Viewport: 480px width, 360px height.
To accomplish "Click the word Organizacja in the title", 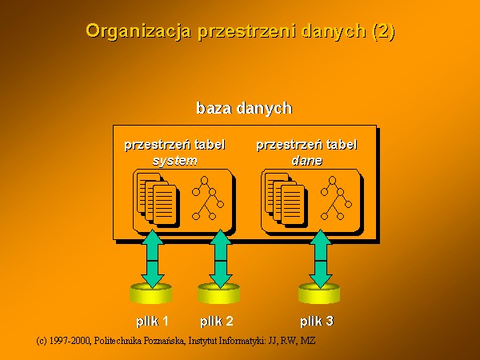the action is pyautogui.click(x=138, y=31).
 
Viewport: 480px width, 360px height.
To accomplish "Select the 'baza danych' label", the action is pyautogui.click(x=244, y=108).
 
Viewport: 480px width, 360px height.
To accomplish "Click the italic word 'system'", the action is pyautogui.click(x=174, y=161).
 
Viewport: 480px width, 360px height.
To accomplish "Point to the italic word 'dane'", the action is pyautogui.click(x=306, y=161).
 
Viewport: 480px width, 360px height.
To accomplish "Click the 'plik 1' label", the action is pyautogui.click(x=152, y=322).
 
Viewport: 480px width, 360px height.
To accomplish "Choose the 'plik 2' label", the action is pyautogui.click(x=217, y=322).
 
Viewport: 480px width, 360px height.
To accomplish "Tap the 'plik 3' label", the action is pyautogui.click(x=317, y=322).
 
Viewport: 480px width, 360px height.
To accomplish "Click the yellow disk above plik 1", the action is pyautogui.click(x=150, y=294).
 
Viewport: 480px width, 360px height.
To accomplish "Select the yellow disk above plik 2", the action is pyautogui.click(x=218, y=294).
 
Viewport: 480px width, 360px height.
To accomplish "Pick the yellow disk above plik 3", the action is pyautogui.click(x=319, y=294).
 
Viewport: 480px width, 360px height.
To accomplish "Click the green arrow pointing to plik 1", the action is pyautogui.click(x=152, y=259).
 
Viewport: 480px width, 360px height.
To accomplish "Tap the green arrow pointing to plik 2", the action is pyautogui.click(x=220, y=259).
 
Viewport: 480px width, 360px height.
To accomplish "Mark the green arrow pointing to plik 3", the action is pyautogui.click(x=321, y=259).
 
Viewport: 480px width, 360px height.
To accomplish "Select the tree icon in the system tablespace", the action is pyautogui.click(x=207, y=198).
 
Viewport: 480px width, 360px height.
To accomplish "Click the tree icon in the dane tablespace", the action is pyautogui.click(x=336, y=198).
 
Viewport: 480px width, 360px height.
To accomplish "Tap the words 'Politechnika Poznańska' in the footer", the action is pyautogui.click(x=139, y=341).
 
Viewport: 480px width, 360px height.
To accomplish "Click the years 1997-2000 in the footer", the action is pyautogui.click(x=70, y=341).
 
